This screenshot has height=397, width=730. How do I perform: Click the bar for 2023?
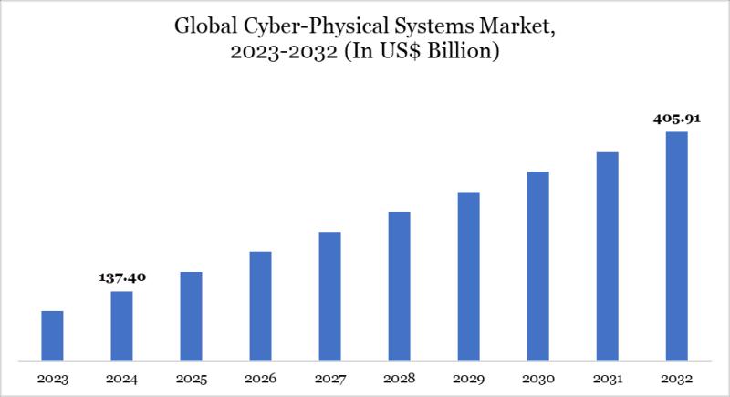tap(52, 336)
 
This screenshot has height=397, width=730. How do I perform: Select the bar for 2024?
tap(121, 326)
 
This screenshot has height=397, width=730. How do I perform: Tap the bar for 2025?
tap(191, 316)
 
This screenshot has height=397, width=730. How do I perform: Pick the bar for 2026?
tap(260, 306)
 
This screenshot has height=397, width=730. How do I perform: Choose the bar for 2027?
tap(329, 296)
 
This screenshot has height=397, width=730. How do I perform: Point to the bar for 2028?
tap(399, 286)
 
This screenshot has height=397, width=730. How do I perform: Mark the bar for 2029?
tap(468, 276)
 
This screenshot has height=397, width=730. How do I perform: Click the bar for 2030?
tap(537, 266)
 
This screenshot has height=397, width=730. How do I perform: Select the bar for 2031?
tap(607, 256)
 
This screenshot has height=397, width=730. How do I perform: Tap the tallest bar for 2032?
tap(676, 246)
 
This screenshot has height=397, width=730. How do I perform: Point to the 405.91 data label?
tap(676, 118)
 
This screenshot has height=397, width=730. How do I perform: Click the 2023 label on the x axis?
tap(52, 378)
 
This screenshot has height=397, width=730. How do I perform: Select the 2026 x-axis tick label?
tap(260, 378)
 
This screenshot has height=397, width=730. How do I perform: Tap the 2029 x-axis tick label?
tap(468, 378)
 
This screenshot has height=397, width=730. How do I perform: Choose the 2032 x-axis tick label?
tap(676, 378)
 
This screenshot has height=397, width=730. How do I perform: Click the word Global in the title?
tap(202, 28)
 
